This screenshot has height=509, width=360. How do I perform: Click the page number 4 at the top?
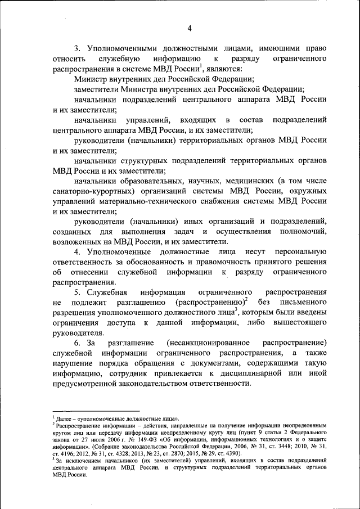click(190, 29)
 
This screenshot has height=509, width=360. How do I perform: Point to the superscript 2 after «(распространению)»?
click(238, 300)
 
